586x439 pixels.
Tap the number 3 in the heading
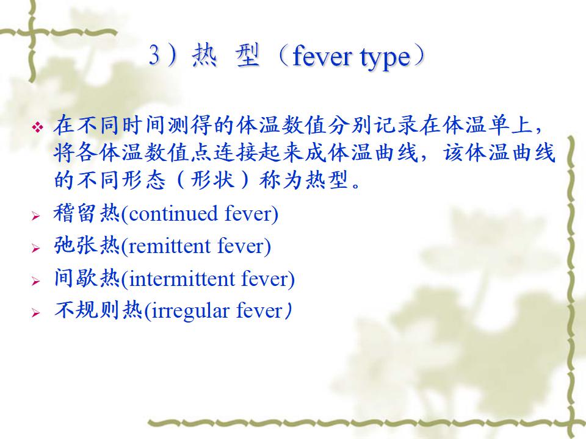154,55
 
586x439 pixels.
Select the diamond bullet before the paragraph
37,127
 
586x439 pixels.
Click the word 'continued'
173,213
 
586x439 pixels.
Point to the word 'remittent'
169,246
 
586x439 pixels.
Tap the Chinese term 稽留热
87,213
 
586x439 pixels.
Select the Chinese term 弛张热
87,246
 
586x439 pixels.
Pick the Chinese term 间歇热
87,279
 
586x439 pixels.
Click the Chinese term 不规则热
98,310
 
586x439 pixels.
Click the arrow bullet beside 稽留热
36,216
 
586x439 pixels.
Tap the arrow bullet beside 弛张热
36,248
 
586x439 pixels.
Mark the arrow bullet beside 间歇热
36,281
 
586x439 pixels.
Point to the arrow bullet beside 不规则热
36,313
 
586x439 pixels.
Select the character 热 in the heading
204,55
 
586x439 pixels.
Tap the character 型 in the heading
248,55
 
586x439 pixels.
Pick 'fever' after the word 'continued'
248,213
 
